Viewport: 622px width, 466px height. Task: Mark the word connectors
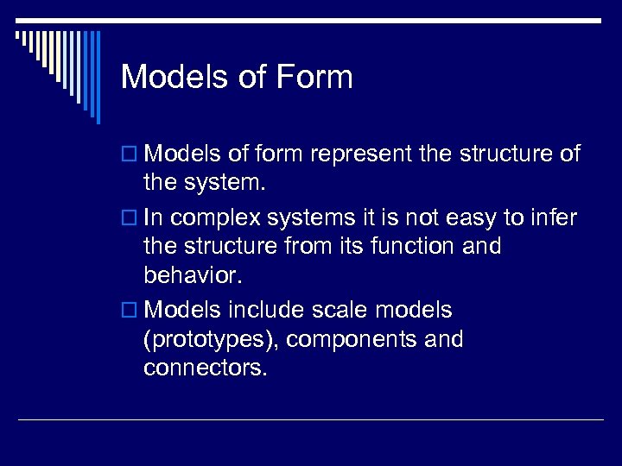[206, 369]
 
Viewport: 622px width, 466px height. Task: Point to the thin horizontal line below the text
[311, 420]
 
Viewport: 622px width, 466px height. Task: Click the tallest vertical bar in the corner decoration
[98, 78]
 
